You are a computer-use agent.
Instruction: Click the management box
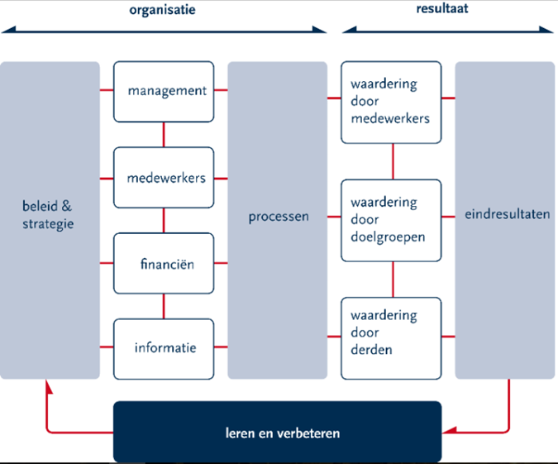pos(164,91)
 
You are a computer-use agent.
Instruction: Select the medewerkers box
pos(164,178)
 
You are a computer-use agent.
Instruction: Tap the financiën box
pos(164,264)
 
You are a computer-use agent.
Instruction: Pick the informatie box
pos(164,348)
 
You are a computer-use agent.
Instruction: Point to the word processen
pos(279,218)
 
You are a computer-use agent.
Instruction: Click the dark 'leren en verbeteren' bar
pos(277,432)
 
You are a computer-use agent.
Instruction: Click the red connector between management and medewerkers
pos(164,134)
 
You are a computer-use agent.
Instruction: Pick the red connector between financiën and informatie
pos(164,306)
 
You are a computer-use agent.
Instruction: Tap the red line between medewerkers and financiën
pos(164,220)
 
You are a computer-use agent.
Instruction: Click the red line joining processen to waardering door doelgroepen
pos(334,218)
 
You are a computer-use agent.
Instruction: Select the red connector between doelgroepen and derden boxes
pos(393,279)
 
